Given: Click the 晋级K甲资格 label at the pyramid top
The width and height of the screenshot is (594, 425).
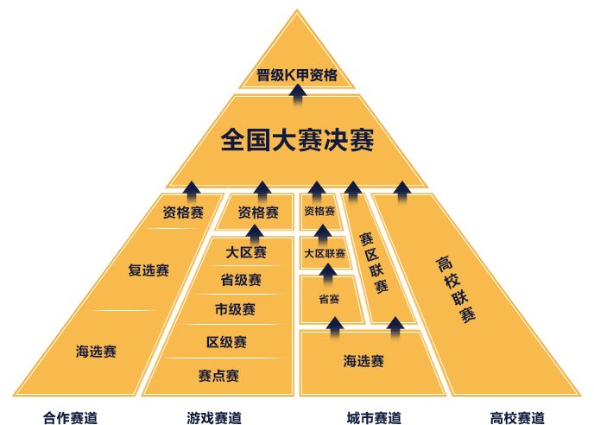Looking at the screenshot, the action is [x=297, y=75].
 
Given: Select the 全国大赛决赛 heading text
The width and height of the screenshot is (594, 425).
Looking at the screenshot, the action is [x=297, y=140].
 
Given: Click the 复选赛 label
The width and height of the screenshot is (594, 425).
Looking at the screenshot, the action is [x=148, y=270].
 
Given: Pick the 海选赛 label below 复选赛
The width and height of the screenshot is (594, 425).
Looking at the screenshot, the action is [x=96, y=352].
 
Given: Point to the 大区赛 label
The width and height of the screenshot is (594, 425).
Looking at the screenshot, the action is [x=246, y=252].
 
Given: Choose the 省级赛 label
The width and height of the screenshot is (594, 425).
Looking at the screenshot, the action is [x=241, y=280].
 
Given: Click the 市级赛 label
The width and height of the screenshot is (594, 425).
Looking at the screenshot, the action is [x=235, y=309].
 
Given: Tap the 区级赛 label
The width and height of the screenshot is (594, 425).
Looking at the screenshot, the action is [x=226, y=342].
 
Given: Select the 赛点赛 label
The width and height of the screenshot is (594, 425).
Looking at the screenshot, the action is [x=218, y=376].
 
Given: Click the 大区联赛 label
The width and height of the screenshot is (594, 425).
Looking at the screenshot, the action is [x=325, y=253].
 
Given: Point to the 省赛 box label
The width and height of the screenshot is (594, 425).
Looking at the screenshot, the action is [x=328, y=300].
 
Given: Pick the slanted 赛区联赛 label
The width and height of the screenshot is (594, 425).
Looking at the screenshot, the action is [x=374, y=263].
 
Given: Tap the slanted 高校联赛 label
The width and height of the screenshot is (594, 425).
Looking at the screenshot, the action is [x=455, y=289].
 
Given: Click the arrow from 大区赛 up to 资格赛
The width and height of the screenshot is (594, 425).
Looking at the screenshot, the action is [x=255, y=235].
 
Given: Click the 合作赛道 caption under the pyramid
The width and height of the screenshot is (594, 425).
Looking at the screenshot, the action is [x=71, y=418].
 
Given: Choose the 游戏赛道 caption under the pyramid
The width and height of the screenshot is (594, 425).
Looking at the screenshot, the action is [x=214, y=418].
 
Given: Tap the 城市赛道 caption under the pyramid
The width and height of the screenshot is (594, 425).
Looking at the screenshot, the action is [x=374, y=418].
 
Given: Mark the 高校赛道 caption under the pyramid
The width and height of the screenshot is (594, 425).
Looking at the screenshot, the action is [x=517, y=418].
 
